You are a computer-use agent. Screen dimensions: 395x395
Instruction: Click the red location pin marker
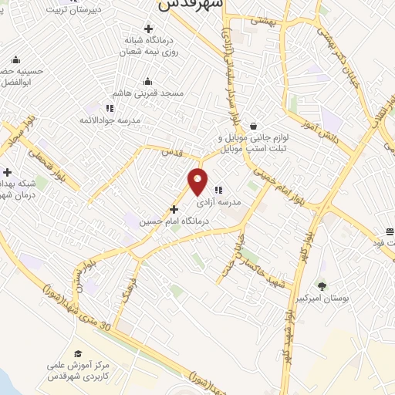click(198, 181)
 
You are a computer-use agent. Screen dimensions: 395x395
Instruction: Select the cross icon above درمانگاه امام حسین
click(174, 208)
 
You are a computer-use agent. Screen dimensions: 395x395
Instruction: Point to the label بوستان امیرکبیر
click(322, 298)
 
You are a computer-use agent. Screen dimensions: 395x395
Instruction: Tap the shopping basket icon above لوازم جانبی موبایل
click(253, 126)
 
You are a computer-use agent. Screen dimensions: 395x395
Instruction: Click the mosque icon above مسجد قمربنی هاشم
click(147, 82)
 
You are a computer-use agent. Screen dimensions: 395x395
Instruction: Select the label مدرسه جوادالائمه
click(107, 120)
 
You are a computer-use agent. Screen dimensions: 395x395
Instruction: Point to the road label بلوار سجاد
click(19, 130)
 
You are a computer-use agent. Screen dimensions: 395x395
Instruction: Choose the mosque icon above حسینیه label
click(16, 61)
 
